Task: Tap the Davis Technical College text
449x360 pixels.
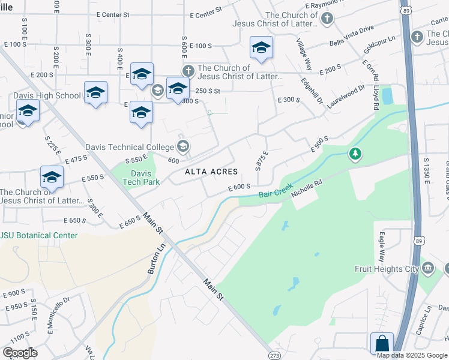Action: pos(130,147)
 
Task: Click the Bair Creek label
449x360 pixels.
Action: pos(276,191)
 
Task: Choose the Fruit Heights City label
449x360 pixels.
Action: pos(386,269)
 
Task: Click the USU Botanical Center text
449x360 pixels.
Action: pos(40,235)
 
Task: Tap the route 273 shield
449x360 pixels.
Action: pos(275,355)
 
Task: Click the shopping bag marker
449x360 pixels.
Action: pos(382,344)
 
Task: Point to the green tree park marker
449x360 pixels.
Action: pos(355,155)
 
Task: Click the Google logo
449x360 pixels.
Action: pos(20,353)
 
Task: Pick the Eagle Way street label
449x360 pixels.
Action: pos(379,246)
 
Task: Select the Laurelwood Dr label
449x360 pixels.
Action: pos(346,95)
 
